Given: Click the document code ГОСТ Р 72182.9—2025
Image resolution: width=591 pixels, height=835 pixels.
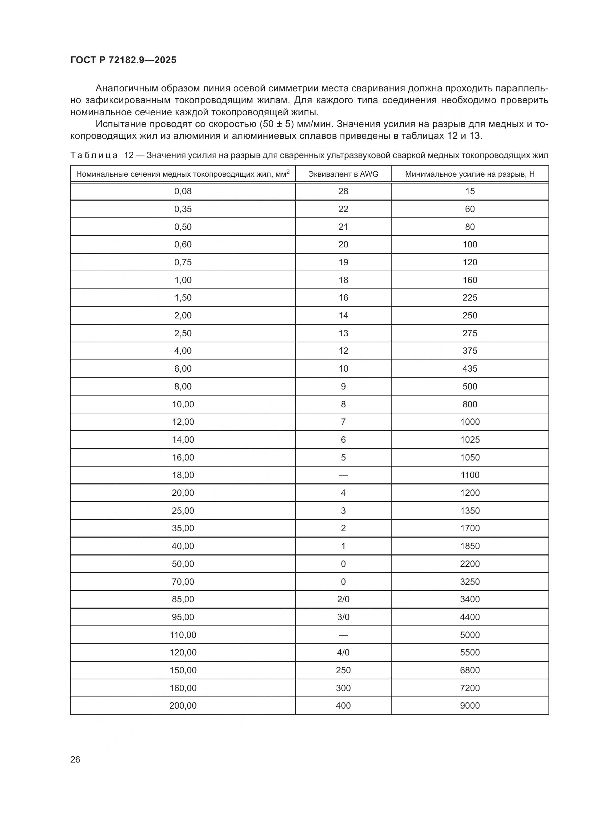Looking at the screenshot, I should click(123, 60).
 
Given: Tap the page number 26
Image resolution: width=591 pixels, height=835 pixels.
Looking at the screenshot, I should click(75, 759).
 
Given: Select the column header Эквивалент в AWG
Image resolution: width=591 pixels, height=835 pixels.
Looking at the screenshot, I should click(343, 174).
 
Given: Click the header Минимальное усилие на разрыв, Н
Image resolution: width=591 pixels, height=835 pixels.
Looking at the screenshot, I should click(470, 174).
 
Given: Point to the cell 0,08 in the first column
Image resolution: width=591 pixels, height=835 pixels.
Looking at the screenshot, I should click(183, 191).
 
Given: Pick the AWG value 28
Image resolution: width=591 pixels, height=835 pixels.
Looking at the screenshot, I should click(343, 191).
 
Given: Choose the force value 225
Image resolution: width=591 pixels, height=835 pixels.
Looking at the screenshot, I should click(470, 298).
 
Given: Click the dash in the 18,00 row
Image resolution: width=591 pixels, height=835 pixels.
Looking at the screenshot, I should click(343, 475).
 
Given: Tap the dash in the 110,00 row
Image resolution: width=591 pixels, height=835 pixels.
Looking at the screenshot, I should click(343, 635).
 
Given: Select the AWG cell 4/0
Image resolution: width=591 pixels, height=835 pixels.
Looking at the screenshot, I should click(343, 653).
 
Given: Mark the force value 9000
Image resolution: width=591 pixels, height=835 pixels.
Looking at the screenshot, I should click(470, 706).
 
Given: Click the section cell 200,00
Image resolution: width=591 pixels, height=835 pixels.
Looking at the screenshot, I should click(183, 706).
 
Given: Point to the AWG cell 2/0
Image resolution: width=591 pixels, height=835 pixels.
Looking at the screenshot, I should click(343, 599).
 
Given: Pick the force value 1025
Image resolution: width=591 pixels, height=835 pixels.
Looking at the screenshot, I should click(470, 440).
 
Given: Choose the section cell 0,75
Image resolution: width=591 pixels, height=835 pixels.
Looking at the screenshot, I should click(183, 262).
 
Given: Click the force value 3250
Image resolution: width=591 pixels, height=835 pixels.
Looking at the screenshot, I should click(470, 582).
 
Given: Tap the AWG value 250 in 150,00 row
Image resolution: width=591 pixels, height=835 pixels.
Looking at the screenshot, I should click(343, 670).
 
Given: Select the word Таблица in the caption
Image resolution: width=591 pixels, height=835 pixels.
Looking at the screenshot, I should click(94, 156).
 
